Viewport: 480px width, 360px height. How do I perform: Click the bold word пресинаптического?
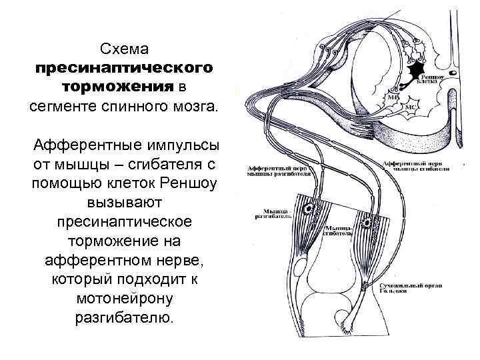click(x=125, y=69)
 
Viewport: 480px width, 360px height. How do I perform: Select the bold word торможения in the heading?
click(x=118, y=87)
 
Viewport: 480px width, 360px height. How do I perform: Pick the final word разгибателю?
click(x=125, y=316)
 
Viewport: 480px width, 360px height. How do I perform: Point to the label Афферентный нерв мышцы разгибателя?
click(x=279, y=171)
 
